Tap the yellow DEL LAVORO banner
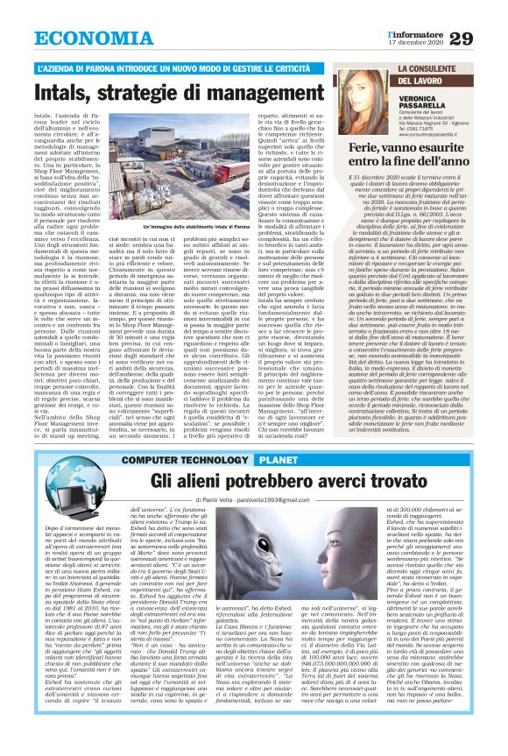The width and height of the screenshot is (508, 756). coord(427,81)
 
